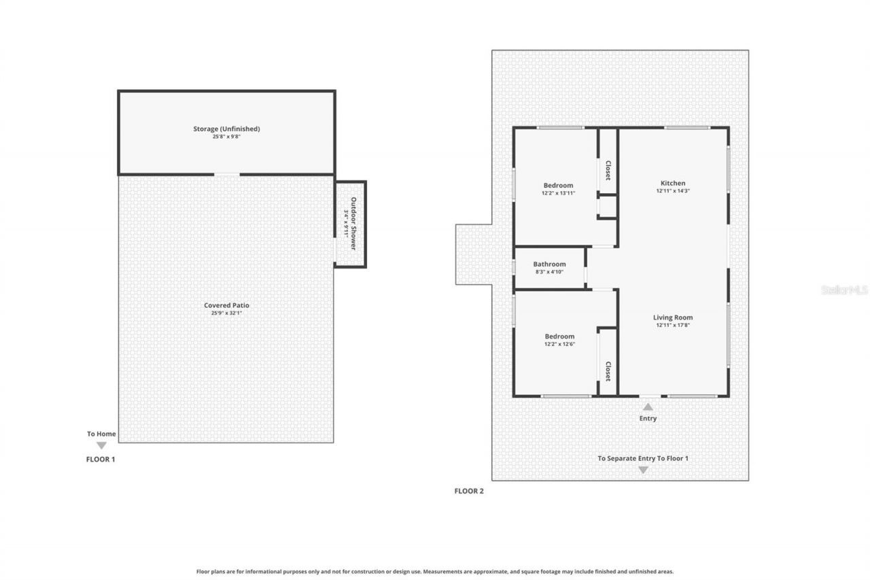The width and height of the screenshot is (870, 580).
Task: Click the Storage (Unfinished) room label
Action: tap(226, 129)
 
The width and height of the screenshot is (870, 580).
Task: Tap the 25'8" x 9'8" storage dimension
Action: tap(226, 137)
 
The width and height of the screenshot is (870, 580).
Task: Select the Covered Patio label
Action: tap(226, 305)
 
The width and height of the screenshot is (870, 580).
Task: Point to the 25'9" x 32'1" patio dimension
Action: tap(226, 313)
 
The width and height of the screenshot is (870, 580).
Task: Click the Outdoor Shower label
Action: tap(353, 223)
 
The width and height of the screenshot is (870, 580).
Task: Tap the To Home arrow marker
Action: tap(101, 445)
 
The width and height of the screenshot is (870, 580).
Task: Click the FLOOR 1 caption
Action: tap(100, 459)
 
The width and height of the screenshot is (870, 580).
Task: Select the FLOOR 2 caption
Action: tap(469, 491)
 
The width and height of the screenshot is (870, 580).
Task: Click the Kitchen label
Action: tap(673, 183)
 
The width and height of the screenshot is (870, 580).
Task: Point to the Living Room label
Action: tap(673, 318)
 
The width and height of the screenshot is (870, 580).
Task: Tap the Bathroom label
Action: tap(549, 265)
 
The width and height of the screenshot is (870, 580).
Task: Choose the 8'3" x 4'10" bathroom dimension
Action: tap(549, 272)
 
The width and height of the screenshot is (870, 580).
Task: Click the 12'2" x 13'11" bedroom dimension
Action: tap(558, 193)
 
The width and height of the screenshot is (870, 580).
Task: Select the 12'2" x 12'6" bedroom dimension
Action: tap(559, 344)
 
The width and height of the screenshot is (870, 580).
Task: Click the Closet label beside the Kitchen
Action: tap(608, 171)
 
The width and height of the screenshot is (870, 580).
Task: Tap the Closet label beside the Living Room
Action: tap(608, 371)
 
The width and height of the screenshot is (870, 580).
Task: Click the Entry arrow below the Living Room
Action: tap(648, 407)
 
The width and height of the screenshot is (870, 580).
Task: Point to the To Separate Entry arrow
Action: tap(643, 470)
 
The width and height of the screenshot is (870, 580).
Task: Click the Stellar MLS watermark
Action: tap(844, 290)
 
